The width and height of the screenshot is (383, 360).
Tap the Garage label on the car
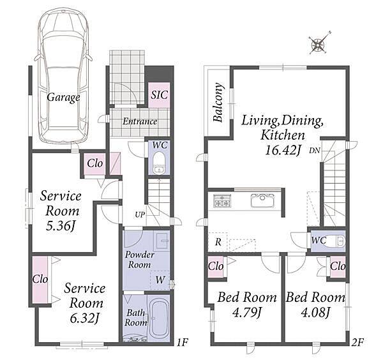pos(63,98)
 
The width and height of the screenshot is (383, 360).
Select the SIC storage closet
pos(159,95)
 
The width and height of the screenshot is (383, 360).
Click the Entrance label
pos(140,121)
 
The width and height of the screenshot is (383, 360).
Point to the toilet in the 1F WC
pos(159,162)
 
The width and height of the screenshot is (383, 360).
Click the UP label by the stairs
pos(140,214)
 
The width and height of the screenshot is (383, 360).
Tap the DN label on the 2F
pos(314,151)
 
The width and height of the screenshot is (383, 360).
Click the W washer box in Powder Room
pos(160,280)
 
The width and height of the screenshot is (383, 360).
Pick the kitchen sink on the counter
pos(262,201)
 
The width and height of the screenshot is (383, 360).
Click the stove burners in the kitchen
pos(222,201)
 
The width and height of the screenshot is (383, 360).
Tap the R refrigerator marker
pos(218,242)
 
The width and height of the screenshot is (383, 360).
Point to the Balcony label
pos(218,103)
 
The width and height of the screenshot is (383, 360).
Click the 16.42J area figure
pos(282,150)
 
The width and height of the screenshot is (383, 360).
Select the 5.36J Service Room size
pos(60,226)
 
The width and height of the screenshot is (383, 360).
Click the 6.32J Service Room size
pos(84,319)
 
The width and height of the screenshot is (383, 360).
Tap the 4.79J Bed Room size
pos(247,312)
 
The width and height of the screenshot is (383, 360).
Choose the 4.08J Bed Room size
pos(316,312)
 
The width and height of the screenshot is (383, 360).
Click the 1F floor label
pos(182,342)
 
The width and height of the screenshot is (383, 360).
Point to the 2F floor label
pos(357,342)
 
